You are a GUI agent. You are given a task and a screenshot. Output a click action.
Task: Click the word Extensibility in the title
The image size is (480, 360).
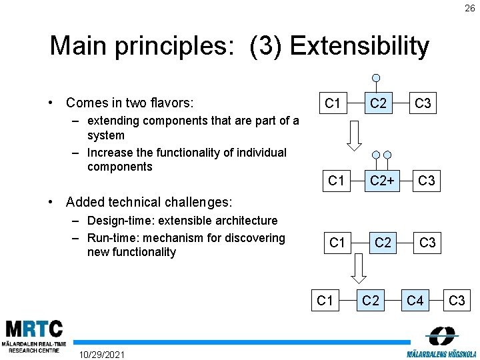(359, 46)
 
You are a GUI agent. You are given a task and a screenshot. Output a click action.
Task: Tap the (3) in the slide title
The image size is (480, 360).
(267, 46)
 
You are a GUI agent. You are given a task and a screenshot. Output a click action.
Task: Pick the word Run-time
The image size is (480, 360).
(111, 238)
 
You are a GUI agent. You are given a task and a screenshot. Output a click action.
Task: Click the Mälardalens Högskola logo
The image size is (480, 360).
(443, 341)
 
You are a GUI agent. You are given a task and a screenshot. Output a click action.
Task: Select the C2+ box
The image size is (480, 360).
(382, 181)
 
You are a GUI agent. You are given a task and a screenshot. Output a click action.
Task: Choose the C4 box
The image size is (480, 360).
(415, 301)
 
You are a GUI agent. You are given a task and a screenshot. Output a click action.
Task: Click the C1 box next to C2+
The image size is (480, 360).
(337, 181)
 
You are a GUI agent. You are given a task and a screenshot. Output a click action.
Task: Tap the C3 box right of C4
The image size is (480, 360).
(457, 301)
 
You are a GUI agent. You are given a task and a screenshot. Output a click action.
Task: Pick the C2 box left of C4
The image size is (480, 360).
(370, 301)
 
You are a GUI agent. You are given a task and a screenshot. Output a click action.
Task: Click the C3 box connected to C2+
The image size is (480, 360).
(427, 181)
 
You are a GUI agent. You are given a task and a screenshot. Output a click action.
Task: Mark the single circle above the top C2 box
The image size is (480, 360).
(377, 77)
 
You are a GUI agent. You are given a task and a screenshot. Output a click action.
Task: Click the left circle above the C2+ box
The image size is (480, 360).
(376, 155)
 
